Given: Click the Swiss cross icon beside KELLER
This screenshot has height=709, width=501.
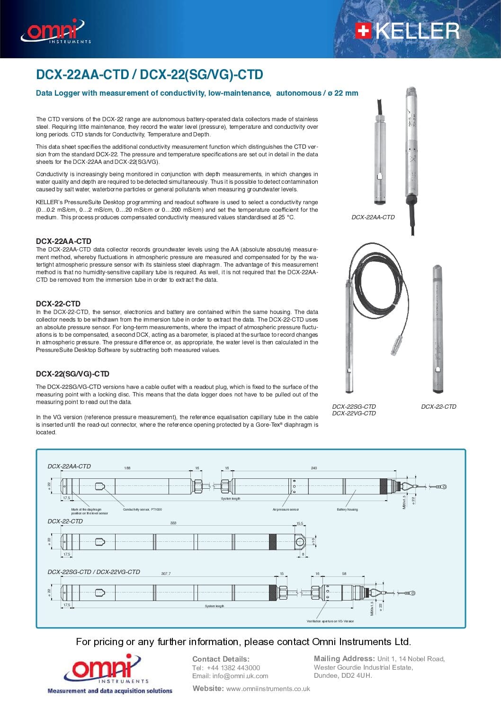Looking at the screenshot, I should click(x=363, y=31).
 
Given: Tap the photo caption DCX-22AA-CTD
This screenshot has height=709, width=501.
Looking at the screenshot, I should click(x=373, y=217).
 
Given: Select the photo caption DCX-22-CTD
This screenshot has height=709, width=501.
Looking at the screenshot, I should click(x=438, y=407).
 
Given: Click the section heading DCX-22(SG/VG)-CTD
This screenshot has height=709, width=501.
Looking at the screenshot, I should click(x=72, y=374).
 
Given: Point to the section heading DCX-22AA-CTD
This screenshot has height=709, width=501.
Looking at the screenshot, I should click(x=63, y=241).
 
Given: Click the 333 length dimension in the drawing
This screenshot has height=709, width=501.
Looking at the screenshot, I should click(x=173, y=523).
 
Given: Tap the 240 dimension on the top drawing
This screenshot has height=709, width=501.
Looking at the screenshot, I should click(x=314, y=468).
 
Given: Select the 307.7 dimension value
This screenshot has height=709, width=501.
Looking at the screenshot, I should click(x=166, y=574).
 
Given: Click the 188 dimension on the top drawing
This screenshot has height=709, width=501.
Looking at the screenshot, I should click(x=127, y=468).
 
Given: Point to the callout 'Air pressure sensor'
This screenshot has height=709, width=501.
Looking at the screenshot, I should click(x=286, y=510).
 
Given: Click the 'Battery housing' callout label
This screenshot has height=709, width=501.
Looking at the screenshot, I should click(x=347, y=510).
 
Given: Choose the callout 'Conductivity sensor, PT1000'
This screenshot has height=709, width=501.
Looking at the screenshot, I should click(x=142, y=510).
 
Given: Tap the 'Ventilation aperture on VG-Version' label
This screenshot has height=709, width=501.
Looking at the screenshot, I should click(x=330, y=621).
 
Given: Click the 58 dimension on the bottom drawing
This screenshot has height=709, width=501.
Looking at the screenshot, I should click(x=344, y=574).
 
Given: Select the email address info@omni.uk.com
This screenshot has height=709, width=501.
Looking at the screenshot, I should click(x=240, y=676).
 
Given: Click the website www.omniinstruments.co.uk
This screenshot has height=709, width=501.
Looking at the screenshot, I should click(x=268, y=689).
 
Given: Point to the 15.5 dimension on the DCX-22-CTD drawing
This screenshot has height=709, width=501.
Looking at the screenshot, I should click(x=300, y=523).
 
